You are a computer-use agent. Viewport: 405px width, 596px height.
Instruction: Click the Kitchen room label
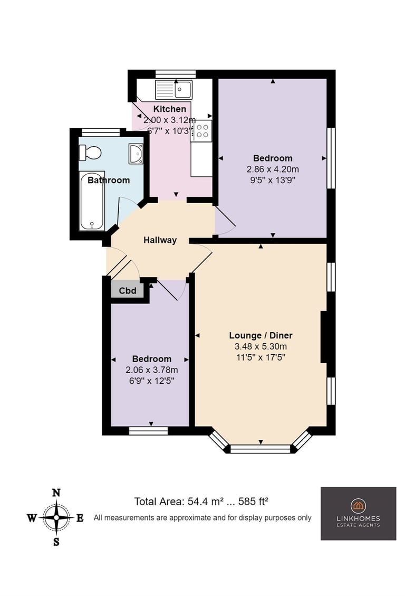click(x=170, y=109)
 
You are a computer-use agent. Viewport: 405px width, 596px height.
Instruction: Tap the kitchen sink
click(x=173, y=90)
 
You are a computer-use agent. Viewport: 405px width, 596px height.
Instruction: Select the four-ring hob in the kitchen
click(x=201, y=130)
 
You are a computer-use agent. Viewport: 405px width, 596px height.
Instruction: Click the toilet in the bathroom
click(x=90, y=153)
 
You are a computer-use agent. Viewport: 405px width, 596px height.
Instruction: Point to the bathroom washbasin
click(x=136, y=154)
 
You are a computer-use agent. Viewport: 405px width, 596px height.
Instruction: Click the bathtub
click(x=92, y=201)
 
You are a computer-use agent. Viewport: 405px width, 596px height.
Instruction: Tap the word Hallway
click(x=160, y=240)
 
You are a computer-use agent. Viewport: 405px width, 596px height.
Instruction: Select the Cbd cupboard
click(x=128, y=291)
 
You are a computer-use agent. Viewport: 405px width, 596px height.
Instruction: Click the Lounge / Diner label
click(x=261, y=335)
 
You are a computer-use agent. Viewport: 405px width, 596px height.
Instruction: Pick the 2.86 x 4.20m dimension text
click(x=273, y=169)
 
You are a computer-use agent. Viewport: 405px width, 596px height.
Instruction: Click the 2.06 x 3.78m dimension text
click(x=152, y=370)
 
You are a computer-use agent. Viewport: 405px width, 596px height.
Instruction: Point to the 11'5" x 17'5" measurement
click(x=261, y=357)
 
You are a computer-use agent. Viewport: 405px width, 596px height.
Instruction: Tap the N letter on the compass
click(x=56, y=493)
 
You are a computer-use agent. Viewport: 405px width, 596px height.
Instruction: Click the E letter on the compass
click(x=80, y=518)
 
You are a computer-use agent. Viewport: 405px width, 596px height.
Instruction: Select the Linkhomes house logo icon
click(x=358, y=505)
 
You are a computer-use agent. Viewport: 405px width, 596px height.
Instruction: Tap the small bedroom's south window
click(x=148, y=431)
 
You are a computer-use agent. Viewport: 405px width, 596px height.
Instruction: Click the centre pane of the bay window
click(x=261, y=449)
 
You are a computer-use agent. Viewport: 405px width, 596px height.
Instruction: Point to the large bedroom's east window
click(x=331, y=158)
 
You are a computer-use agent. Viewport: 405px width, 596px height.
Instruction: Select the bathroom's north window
click(x=101, y=133)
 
